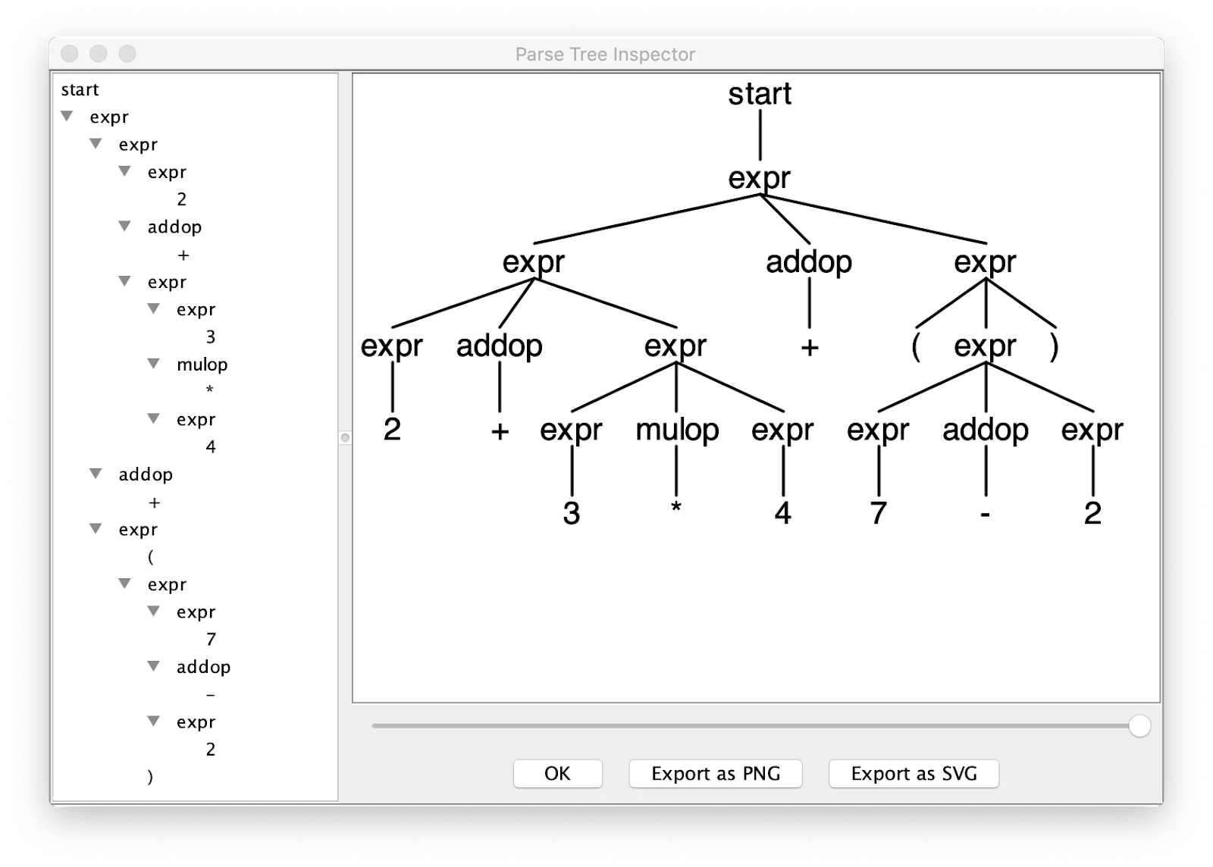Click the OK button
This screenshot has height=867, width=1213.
(x=557, y=774)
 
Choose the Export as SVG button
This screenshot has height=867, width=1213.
(x=914, y=774)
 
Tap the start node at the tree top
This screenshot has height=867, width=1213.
(x=760, y=94)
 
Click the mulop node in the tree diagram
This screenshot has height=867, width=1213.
(x=677, y=430)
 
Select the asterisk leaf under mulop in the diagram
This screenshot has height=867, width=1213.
(x=676, y=509)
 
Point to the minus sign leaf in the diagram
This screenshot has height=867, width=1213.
(x=985, y=515)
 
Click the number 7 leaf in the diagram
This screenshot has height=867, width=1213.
(x=878, y=514)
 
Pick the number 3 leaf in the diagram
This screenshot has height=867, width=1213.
(x=572, y=514)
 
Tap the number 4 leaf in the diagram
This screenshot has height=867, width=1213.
(x=782, y=514)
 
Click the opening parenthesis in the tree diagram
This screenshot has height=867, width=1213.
(x=916, y=347)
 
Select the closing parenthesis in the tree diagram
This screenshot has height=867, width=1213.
(x=1054, y=347)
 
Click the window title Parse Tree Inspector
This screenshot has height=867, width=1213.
(x=605, y=55)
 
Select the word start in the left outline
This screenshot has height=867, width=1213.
(x=80, y=89)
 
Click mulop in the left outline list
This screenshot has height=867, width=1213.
(x=202, y=365)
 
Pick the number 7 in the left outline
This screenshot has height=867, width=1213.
(x=211, y=640)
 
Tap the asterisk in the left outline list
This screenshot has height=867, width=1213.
(x=210, y=390)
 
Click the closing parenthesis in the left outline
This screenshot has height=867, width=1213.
(x=150, y=777)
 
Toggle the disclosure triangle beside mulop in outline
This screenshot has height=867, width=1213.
(x=154, y=364)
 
